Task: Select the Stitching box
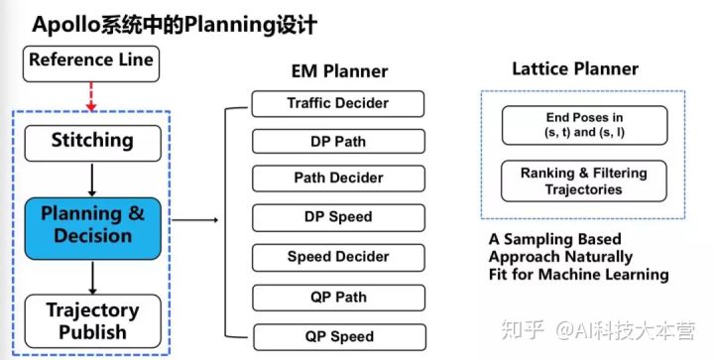point(91,141)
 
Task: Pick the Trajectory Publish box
point(91,320)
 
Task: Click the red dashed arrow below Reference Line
point(91,96)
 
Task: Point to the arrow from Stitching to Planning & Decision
point(91,180)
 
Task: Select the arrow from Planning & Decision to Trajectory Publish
point(91,276)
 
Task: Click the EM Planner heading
point(339,71)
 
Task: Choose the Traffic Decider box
point(338,103)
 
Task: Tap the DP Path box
point(338,142)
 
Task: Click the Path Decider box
point(338,180)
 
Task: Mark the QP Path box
point(338,297)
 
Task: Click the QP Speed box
point(338,336)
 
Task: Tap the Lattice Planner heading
point(574,69)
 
